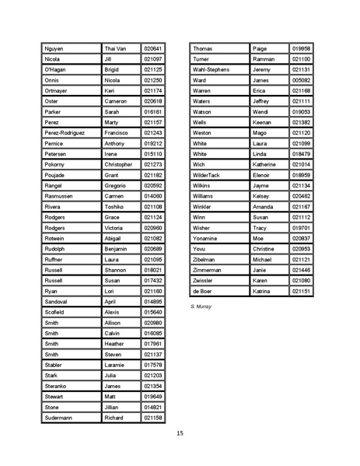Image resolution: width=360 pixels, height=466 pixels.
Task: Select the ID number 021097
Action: (x=152, y=59)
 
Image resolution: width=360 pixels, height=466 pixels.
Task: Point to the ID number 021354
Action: (x=152, y=386)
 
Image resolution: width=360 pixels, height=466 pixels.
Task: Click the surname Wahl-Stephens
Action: (x=211, y=69)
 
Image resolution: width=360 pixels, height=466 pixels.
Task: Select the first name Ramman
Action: (x=264, y=59)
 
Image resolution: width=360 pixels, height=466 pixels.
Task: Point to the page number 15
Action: (x=180, y=433)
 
